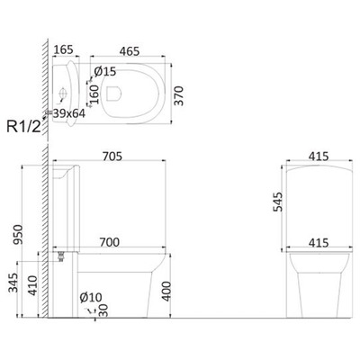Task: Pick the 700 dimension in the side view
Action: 111,242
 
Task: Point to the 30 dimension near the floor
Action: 104,310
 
